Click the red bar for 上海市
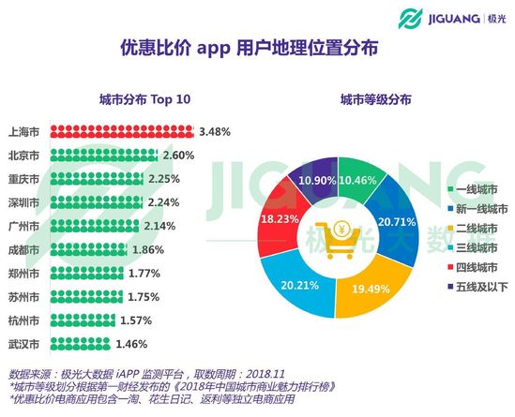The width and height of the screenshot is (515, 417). pyautogui.click(x=122, y=131)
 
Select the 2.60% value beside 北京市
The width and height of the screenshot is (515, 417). pyautogui.click(x=179, y=154)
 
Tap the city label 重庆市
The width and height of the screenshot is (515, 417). pyautogui.click(x=23, y=178)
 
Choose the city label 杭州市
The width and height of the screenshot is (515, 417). pyautogui.click(x=23, y=320)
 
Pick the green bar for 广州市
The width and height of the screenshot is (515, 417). pyautogui.click(x=102, y=225)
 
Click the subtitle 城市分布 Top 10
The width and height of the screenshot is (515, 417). pyautogui.click(x=138, y=99)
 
